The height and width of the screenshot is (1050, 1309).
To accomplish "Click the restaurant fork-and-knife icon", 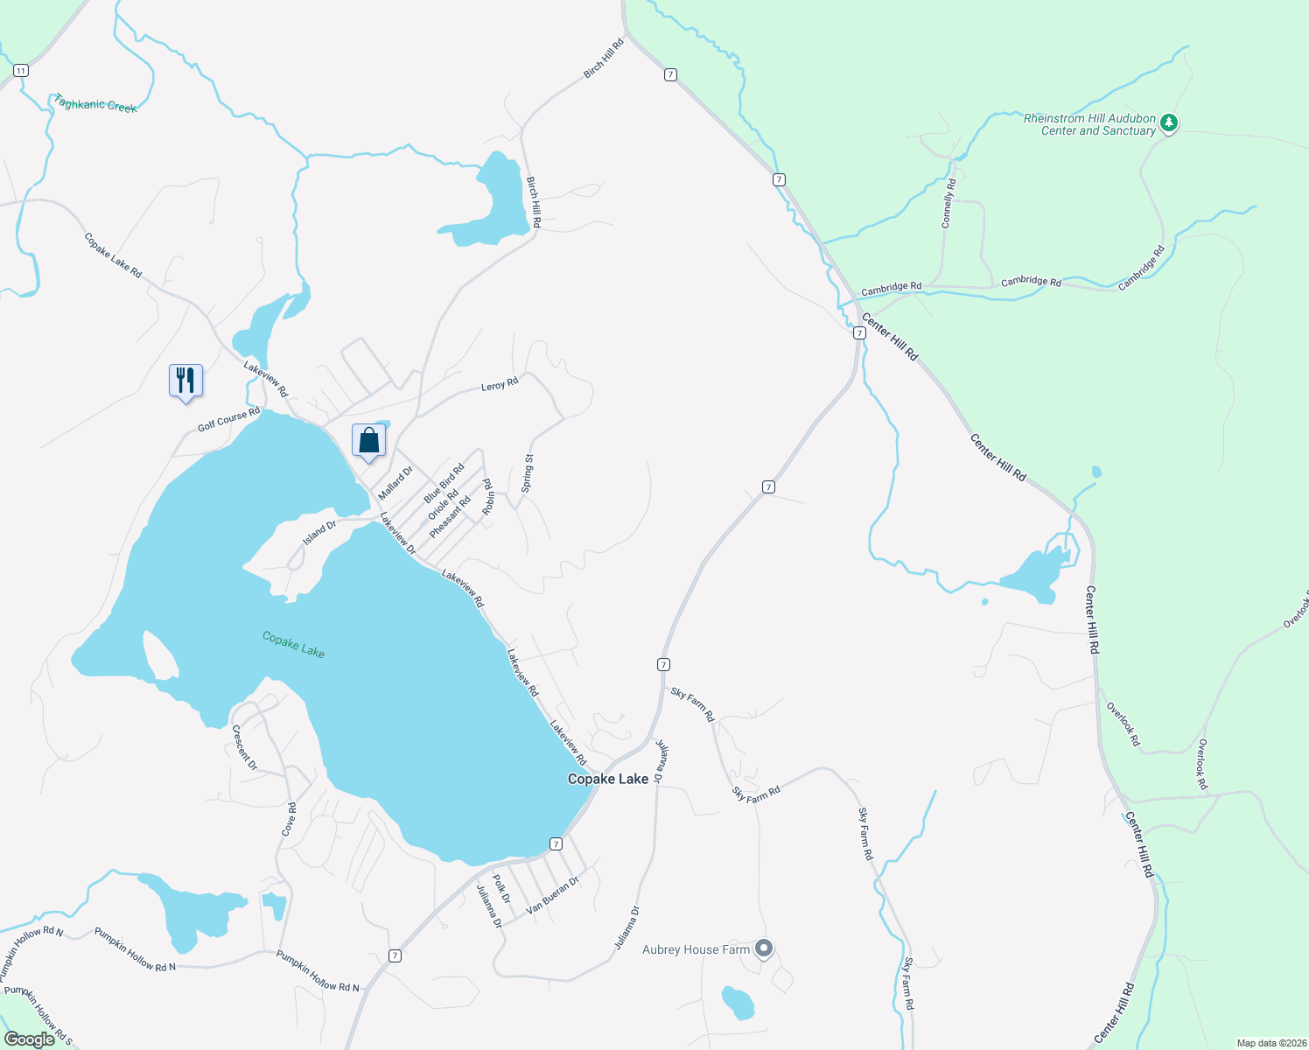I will click(185, 381).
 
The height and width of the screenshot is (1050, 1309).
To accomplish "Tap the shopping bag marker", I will click(368, 440).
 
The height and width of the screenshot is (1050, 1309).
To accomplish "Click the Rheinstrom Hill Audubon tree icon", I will click(1169, 123).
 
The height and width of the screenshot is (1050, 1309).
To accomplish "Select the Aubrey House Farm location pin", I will click(764, 948).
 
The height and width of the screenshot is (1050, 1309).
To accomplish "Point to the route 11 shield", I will click(21, 70).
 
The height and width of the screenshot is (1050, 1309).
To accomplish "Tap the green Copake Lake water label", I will click(293, 645).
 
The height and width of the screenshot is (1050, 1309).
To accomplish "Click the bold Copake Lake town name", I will click(608, 779).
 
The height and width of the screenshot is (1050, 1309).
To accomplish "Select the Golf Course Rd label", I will click(228, 419).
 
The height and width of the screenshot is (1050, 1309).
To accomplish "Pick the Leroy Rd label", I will click(500, 384).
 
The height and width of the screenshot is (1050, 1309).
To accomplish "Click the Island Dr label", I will click(319, 533).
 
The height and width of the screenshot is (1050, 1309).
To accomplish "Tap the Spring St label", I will click(527, 472).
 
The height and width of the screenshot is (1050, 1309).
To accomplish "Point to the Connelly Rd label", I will click(948, 203).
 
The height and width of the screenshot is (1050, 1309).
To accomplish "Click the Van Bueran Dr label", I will click(552, 896).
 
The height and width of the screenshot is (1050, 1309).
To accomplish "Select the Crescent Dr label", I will click(244, 747).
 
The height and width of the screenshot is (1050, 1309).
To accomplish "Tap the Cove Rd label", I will click(289, 819).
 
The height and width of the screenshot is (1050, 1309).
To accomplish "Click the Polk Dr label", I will click(500, 888).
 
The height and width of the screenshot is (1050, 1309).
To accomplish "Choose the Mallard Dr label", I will click(395, 484).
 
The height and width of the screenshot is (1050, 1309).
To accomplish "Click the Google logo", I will click(30, 1039).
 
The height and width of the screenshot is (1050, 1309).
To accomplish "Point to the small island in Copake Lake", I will click(159, 654).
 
